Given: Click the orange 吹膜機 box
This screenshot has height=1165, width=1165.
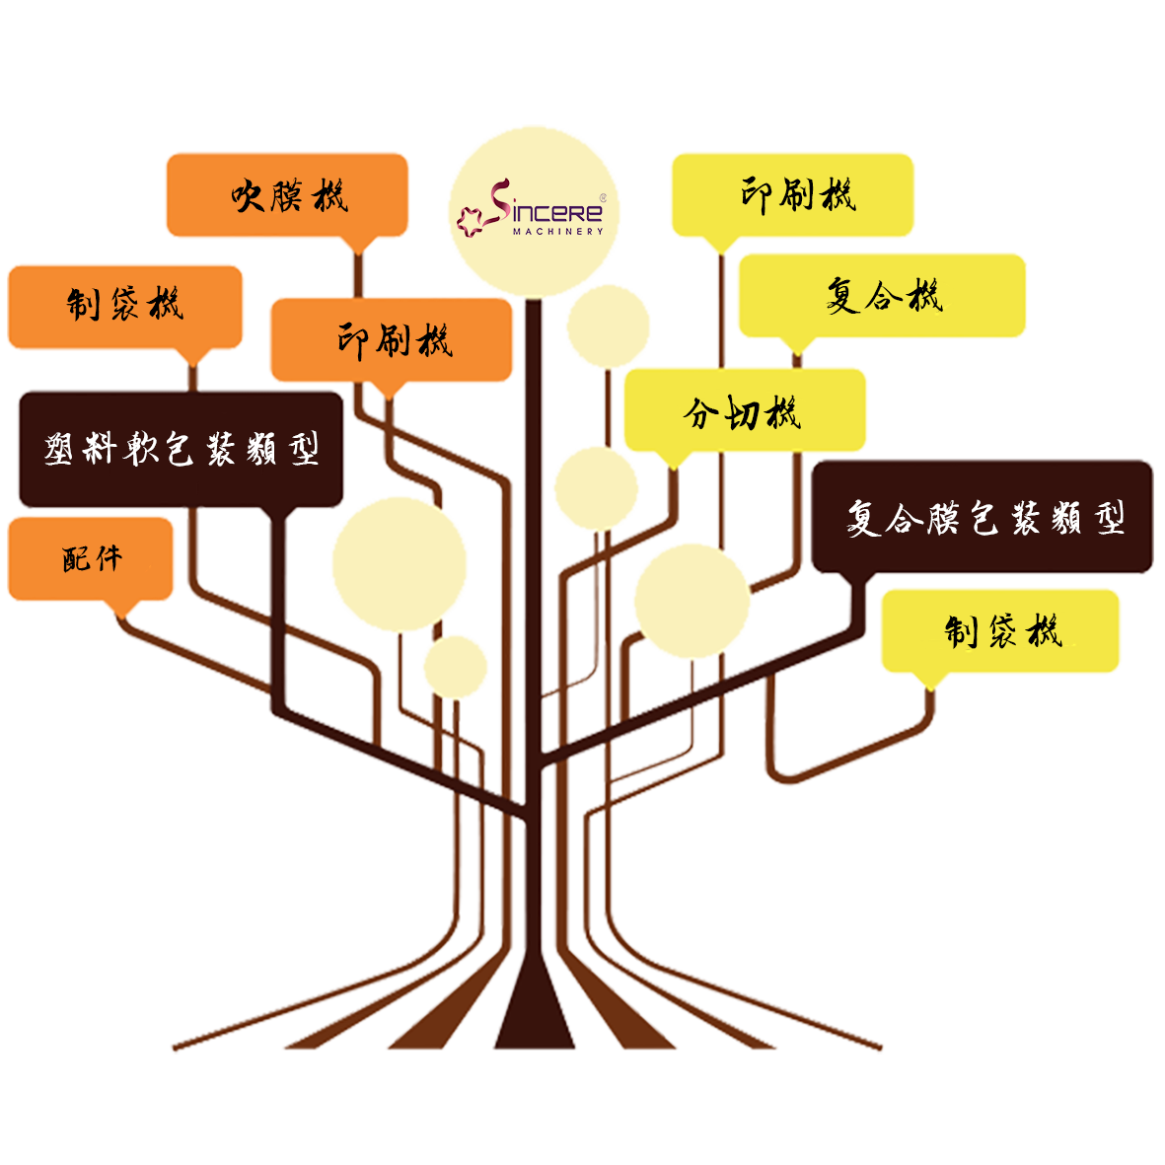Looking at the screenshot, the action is [287, 194].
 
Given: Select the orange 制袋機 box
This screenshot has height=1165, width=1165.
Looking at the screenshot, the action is [125, 306].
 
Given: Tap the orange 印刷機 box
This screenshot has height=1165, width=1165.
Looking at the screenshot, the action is [392, 339].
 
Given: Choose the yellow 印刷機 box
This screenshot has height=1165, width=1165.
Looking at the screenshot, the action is [793, 194].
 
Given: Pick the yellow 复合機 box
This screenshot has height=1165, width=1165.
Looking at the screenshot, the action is [882, 295].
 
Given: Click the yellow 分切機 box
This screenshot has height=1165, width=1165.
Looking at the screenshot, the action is [745, 409].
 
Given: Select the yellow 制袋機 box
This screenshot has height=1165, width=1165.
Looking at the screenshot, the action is [1000, 630].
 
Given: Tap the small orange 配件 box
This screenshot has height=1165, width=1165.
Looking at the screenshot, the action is [91, 558].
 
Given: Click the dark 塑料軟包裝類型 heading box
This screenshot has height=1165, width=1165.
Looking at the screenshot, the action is [182, 450].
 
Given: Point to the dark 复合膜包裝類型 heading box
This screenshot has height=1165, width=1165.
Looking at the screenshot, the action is [983, 516].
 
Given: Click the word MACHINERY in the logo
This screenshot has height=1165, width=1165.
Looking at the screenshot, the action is [558, 232].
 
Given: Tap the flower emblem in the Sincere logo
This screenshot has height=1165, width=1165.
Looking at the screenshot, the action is [470, 221].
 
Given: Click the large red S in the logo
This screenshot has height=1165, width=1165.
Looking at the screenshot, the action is [500, 199].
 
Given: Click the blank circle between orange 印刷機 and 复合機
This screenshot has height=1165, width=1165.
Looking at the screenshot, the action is [609, 327].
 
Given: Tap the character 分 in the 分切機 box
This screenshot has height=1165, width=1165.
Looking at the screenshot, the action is [700, 413].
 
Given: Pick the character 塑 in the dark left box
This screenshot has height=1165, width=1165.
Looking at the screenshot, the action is [59, 449].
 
